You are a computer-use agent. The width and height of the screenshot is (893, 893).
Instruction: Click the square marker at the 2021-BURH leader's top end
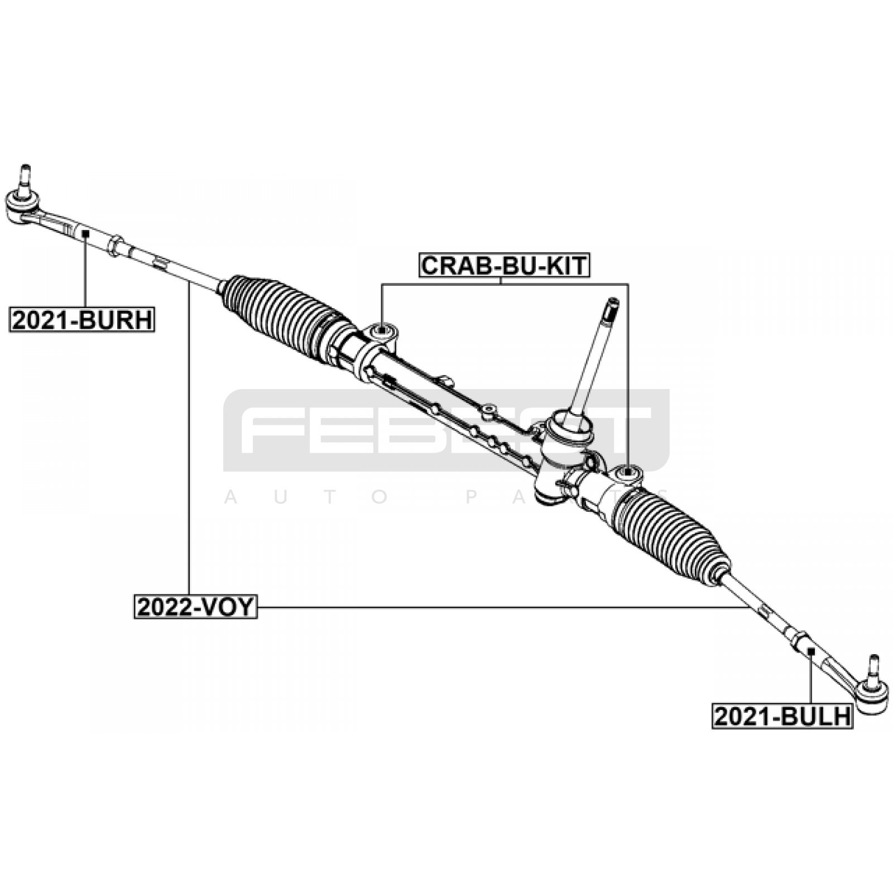coord(85,233)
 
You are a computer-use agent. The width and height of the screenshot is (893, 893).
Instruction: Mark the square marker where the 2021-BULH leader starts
coord(812,651)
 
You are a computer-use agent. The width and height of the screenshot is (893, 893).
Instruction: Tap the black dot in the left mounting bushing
coord(382,330)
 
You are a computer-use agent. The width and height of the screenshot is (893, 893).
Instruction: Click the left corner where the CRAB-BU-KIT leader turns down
coord(382,284)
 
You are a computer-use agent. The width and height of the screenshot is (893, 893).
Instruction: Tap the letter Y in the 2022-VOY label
coord(246,607)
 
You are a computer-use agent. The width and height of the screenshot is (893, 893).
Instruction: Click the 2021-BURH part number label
coord(81,320)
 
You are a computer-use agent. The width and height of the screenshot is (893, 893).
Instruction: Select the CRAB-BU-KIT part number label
coord(505,266)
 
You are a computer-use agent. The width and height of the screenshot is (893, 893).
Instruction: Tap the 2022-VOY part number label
coord(195,607)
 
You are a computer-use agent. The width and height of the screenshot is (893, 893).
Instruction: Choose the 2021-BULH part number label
coord(782,717)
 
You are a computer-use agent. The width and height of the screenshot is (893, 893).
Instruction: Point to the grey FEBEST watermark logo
coord(446,430)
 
